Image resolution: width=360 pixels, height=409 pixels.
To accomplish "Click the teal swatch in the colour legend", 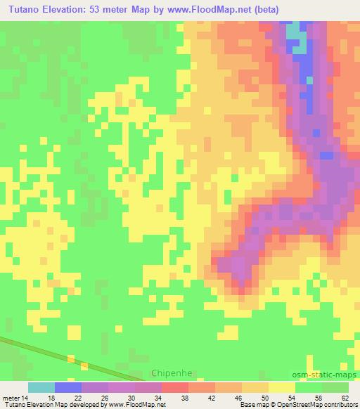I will (41, 387).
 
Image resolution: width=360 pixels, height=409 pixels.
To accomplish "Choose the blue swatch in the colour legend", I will (68, 387).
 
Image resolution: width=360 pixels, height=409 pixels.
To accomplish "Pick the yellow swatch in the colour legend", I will (282, 387).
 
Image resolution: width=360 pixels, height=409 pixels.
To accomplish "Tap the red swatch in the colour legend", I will (175, 387).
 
